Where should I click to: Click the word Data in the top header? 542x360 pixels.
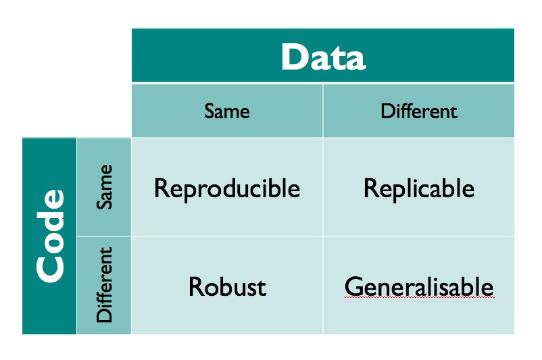tap(323, 57)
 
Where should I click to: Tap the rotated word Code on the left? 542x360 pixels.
tap(51, 236)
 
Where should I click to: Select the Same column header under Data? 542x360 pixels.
tap(227, 111)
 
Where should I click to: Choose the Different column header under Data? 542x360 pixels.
tap(419, 111)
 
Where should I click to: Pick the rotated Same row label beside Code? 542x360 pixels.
tap(104, 186)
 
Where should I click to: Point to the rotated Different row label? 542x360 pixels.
tap(104, 284)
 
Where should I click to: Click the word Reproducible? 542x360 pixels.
tap(227, 189)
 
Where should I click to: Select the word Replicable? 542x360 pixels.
tap(419, 189)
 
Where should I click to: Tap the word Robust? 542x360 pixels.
tap(228, 287)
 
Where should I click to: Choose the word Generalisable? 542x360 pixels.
tap(419, 287)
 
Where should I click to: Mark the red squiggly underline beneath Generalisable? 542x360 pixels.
tap(420, 297)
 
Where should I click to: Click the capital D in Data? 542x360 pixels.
tap(295, 57)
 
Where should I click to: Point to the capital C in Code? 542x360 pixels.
tap(51, 269)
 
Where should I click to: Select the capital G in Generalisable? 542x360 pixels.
tap(353, 286)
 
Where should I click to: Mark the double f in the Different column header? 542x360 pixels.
tap(403, 111)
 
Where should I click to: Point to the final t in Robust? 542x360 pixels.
tap(262, 288)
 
